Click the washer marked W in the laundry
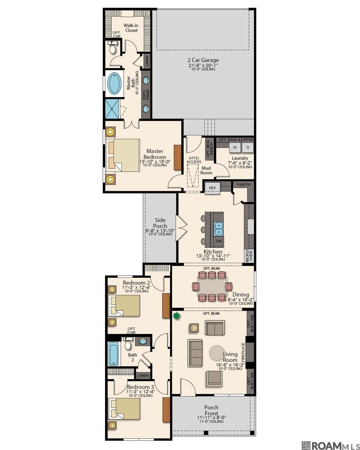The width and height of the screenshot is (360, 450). click(235, 147)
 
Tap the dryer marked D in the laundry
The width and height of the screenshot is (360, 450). click(248, 147)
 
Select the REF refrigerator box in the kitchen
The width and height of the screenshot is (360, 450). click(212, 188)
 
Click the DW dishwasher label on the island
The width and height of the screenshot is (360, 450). click(219, 241)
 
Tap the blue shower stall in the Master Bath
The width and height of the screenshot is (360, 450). click(112, 109)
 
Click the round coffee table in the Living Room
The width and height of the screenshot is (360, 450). click(217, 353)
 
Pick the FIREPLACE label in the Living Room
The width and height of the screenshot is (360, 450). click(243, 352)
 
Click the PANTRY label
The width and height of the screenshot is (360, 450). click(244, 184)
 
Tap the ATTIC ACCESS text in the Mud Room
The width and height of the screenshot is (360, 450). click(194, 160)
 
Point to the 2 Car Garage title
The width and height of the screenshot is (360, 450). click(203, 60)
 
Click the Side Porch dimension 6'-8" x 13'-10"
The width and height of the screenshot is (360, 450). click(160, 231)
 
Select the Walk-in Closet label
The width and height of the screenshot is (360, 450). click(131, 28)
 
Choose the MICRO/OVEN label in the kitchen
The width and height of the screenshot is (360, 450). click(249, 256)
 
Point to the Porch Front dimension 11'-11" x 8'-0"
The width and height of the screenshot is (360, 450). click(211, 417)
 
